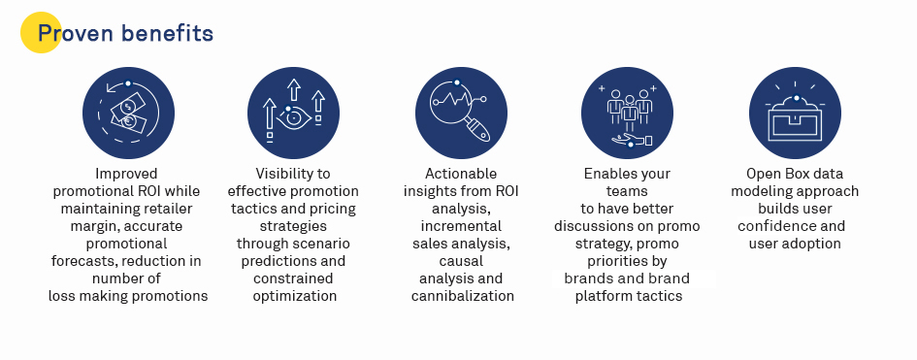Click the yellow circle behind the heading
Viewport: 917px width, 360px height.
pyautogui.click(x=41, y=33)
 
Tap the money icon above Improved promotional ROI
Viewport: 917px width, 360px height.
pyautogui.click(x=128, y=113)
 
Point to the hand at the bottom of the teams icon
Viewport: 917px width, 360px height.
pyautogui.click(x=632, y=141)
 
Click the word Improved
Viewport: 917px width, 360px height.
pyautogui.click(x=126, y=174)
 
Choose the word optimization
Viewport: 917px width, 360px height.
pyautogui.click(x=295, y=296)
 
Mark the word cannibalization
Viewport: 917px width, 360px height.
pyautogui.click(x=463, y=296)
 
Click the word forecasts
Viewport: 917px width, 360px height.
pyautogui.click(x=82, y=261)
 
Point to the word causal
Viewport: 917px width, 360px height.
pyautogui.click(x=461, y=261)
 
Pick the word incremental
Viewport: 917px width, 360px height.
pyautogui.click(x=461, y=226)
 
